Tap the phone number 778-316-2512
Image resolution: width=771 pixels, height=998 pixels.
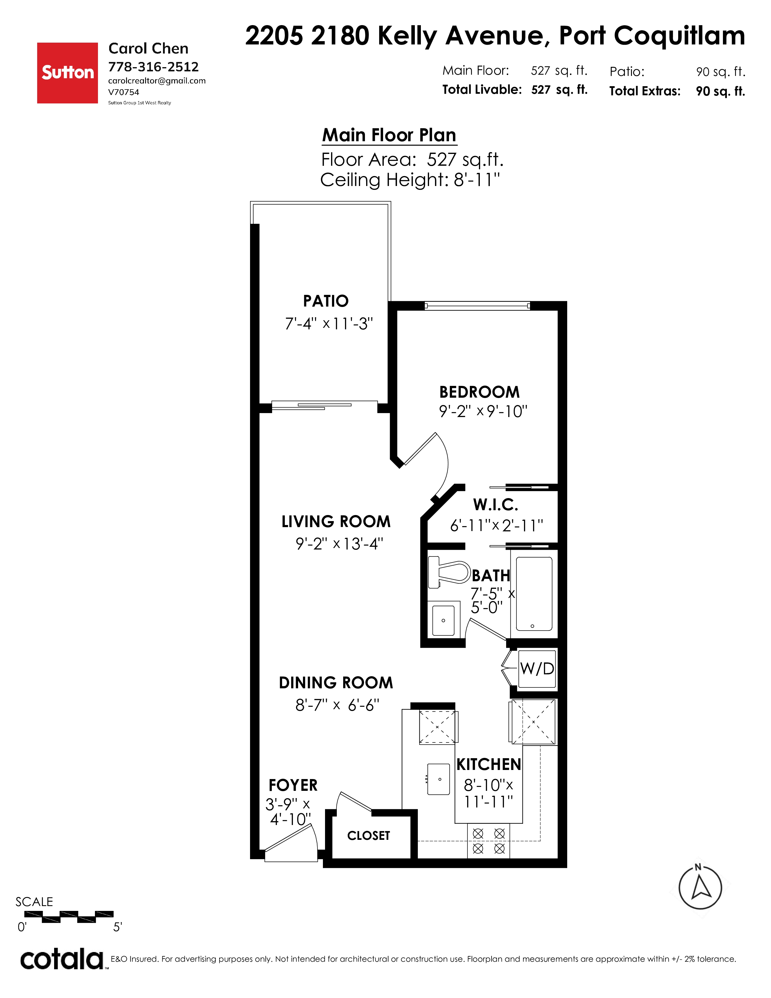154,67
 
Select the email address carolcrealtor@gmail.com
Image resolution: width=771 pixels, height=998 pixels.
157,81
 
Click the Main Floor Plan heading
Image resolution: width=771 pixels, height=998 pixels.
389,135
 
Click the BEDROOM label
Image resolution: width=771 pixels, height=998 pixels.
480,392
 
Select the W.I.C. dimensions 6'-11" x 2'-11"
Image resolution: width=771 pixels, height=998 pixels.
496,526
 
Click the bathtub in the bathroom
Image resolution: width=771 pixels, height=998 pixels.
534,594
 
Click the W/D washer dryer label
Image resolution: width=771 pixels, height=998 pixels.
537,669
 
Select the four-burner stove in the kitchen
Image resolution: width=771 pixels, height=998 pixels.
489,841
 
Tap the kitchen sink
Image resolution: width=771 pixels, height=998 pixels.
439,779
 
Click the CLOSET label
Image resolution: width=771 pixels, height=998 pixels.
369,836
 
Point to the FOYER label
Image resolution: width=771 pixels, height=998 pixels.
293,785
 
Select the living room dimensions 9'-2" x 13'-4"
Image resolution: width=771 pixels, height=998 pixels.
339,544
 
